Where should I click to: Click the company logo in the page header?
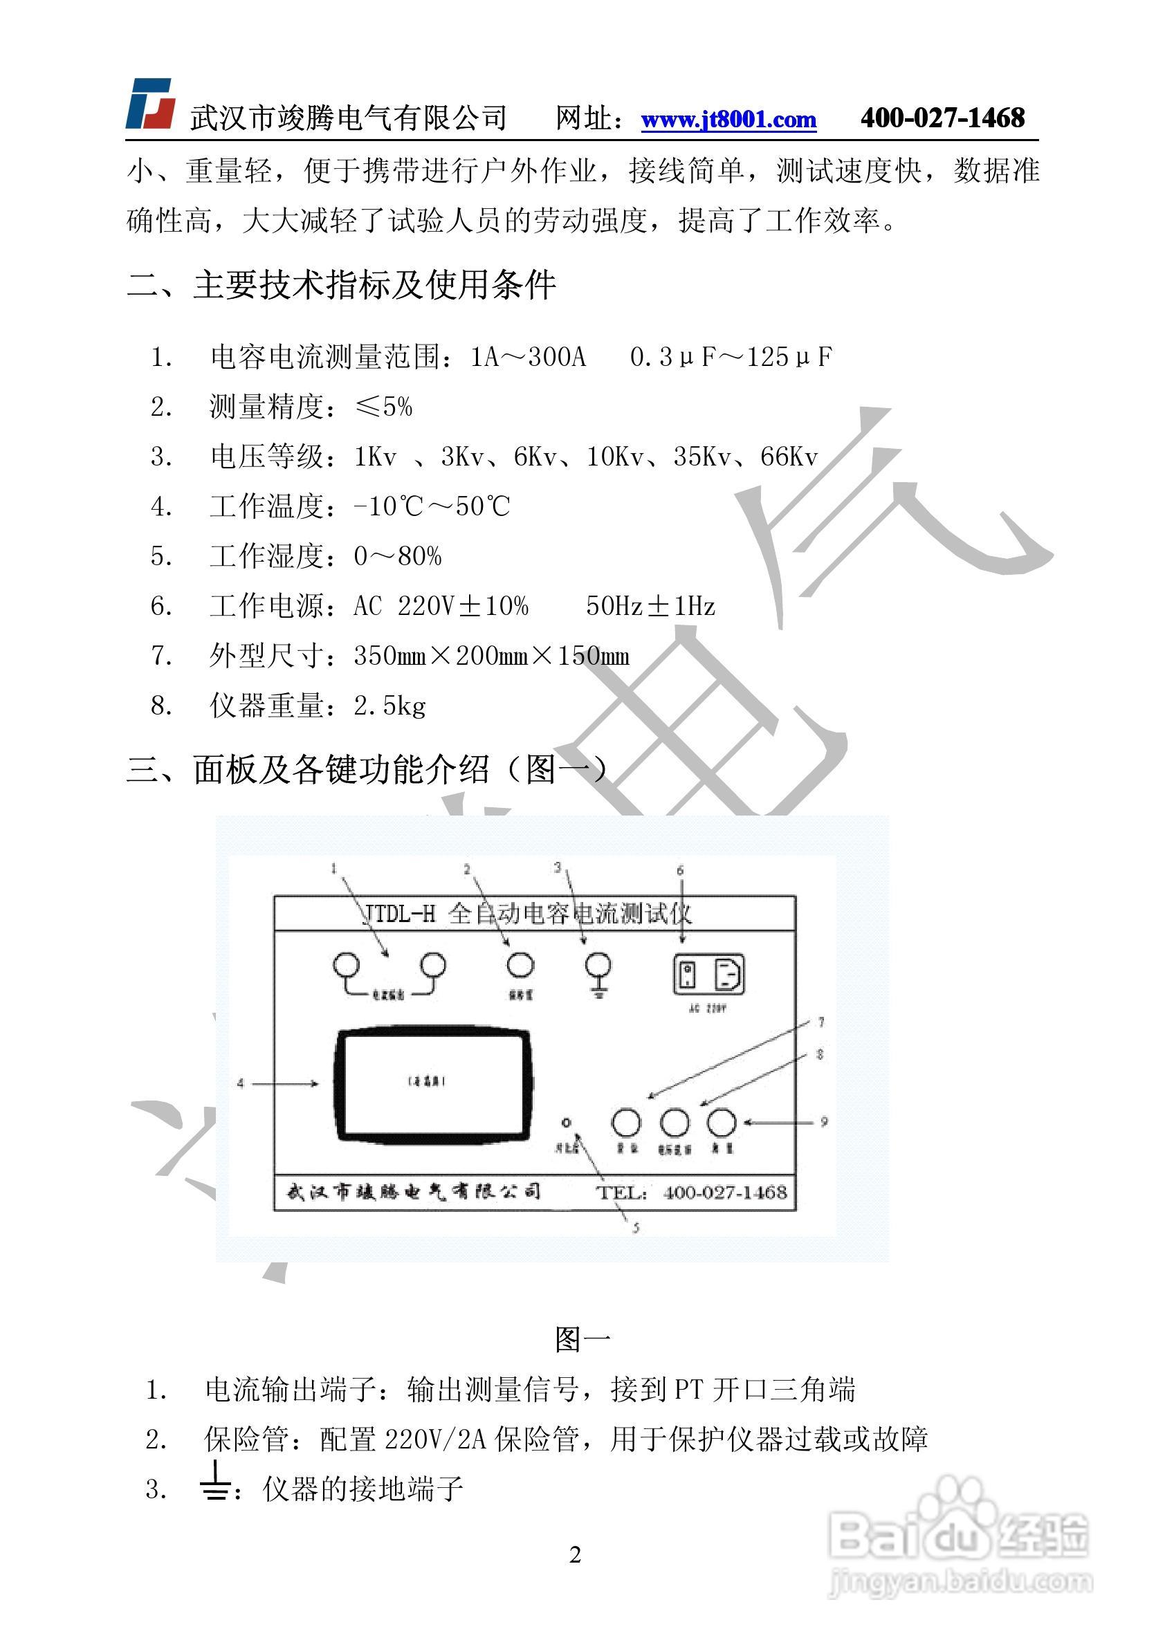tap(152, 103)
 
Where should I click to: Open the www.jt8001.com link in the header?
tap(728, 119)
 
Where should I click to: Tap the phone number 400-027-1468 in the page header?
tap(942, 118)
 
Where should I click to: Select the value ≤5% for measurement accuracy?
tap(384, 407)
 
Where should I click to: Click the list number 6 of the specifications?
tap(160, 607)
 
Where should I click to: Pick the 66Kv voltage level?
tap(789, 457)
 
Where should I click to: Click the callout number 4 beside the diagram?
tap(241, 1083)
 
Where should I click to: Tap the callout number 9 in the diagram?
tap(824, 1121)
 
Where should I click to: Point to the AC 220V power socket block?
tap(708, 975)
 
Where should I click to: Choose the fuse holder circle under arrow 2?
tap(520, 966)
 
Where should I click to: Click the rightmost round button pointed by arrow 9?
tap(721, 1123)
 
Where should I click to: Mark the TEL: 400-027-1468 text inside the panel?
tap(692, 1193)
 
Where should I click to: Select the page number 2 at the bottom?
tap(576, 1555)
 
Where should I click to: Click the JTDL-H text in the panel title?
tap(399, 914)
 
